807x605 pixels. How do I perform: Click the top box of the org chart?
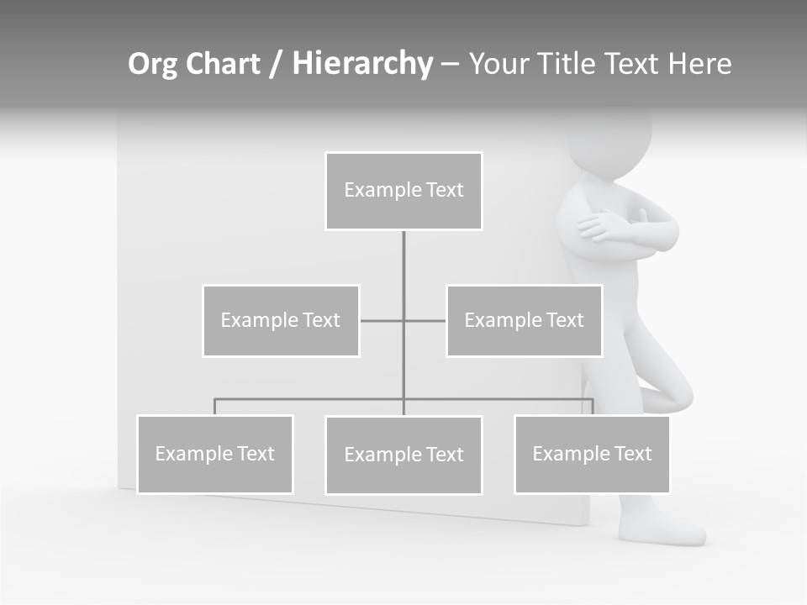tap(403, 191)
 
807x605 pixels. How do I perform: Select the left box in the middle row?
tap(281, 320)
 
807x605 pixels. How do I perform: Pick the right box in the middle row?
tap(525, 320)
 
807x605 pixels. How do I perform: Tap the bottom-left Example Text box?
tap(215, 454)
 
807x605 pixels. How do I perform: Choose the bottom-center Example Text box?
tap(403, 455)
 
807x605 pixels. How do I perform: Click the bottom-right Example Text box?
tap(592, 454)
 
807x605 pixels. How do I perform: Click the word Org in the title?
tap(153, 64)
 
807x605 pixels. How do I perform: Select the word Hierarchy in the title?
tap(362, 64)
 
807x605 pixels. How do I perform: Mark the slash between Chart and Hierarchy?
tap(276, 65)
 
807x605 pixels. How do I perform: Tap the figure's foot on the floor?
tap(664, 529)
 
